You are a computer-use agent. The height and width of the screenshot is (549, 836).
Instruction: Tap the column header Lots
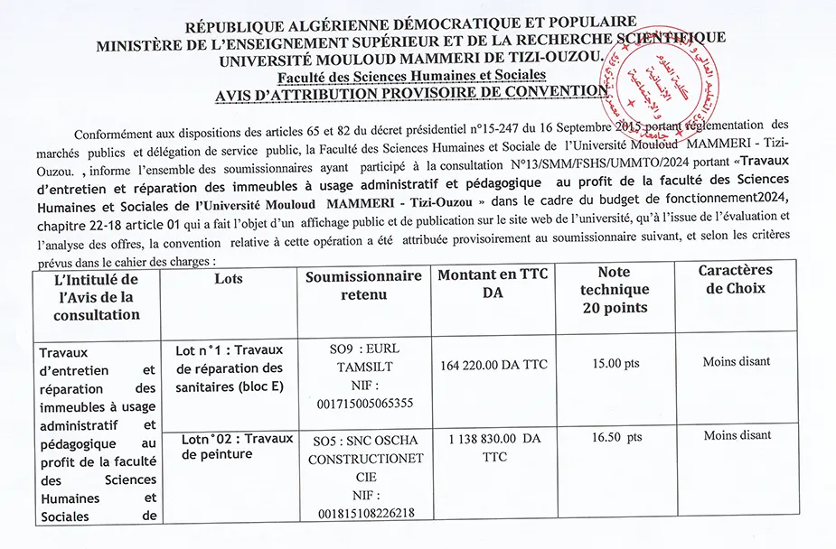tap(229, 279)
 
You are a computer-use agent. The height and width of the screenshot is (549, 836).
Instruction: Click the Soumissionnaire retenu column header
tap(364, 285)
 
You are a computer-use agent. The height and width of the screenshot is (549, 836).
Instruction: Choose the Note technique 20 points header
tap(614, 289)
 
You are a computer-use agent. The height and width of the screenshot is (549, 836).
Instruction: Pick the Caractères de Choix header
tap(734, 279)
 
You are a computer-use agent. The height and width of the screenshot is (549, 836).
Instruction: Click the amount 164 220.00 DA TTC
tap(493, 365)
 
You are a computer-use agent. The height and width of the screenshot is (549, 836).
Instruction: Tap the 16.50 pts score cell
tap(616, 437)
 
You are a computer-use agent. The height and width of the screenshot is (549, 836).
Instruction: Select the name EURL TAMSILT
tap(365, 358)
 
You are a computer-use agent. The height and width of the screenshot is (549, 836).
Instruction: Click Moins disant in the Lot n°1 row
tap(737, 361)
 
